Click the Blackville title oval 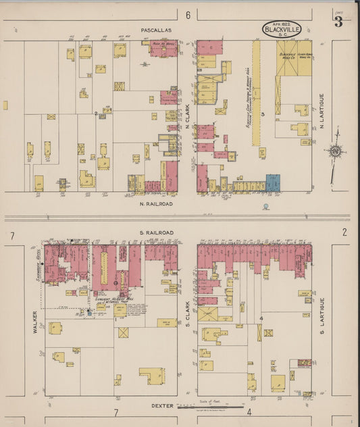282,28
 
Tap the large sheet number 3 337,22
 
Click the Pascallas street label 157,30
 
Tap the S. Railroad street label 157,232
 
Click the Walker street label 33,322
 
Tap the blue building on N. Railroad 273,182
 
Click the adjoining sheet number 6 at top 188,15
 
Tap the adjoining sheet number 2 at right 344,232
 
